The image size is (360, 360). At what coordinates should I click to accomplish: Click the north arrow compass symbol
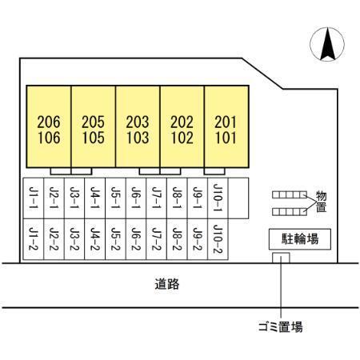(x=327, y=44)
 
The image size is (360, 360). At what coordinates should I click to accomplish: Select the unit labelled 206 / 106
(x=49, y=126)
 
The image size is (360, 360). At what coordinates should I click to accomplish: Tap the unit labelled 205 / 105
(x=94, y=126)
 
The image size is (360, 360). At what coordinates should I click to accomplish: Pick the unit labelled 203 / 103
(x=138, y=126)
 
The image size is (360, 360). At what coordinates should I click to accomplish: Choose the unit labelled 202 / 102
(x=182, y=126)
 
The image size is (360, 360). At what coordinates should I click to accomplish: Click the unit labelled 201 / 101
(x=226, y=126)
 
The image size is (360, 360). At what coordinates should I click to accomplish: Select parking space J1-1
(x=34, y=198)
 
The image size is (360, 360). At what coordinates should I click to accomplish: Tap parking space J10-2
(x=218, y=239)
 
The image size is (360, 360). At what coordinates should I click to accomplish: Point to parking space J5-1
(x=115, y=198)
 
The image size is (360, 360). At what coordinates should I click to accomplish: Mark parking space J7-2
(x=157, y=239)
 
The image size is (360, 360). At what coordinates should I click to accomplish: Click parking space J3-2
(x=74, y=239)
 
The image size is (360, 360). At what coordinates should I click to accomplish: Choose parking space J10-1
(x=218, y=198)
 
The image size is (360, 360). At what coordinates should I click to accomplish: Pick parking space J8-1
(x=177, y=198)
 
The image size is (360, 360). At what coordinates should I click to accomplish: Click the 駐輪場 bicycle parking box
(x=300, y=239)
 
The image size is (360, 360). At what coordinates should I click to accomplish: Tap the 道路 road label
(x=167, y=284)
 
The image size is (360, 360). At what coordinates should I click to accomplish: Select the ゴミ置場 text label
(x=281, y=326)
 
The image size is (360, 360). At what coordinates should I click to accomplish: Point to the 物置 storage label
(x=322, y=202)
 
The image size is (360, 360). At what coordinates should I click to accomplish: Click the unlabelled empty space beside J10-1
(x=238, y=198)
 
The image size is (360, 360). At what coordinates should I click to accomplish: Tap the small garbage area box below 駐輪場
(x=281, y=258)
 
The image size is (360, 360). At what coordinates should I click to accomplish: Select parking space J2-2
(x=54, y=239)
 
